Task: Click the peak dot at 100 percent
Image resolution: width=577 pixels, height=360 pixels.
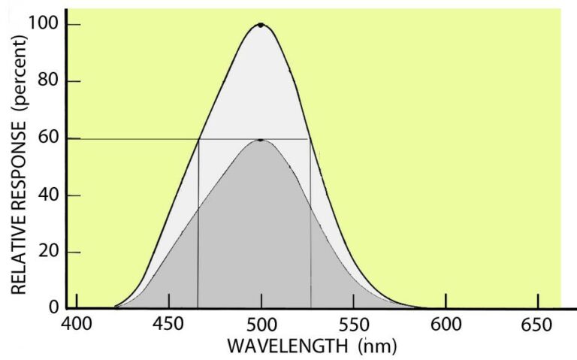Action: click(x=261, y=25)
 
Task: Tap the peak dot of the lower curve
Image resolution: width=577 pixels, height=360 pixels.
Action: click(x=261, y=140)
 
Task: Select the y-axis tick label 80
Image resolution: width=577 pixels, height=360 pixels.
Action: click(x=48, y=81)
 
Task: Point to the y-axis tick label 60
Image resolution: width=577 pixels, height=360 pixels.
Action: click(x=48, y=138)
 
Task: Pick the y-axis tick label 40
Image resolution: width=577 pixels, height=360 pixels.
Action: click(x=48, y=195)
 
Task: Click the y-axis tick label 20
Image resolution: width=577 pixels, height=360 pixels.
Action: click(x=48, y=252)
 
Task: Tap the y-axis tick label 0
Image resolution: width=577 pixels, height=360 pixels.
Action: click(x=53, y=307)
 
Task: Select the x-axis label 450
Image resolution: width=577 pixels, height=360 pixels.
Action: click(x=168, y=325)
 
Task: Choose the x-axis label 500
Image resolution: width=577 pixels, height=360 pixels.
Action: click(x=261, y=325)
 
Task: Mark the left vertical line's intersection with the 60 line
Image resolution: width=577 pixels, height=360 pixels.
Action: click(x=198, y=139)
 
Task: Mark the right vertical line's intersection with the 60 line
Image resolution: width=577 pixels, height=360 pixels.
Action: click(x=310, y=139)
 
